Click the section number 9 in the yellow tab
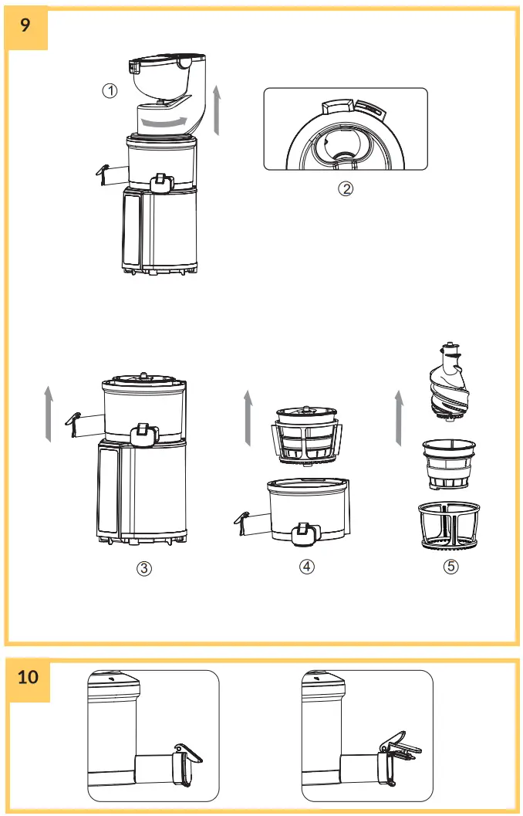pyautogui.click(x=26, y=25)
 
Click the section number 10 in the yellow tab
pyautogui.click(x=28, y=678)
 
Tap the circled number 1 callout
pyautogui.click(x=110, y=90)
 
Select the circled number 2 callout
pyautogui.click(x=346, y=188)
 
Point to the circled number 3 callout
pyautogui.click(x=144, y=568)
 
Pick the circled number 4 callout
pyautogui.click(x=307, y=567)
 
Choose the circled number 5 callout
pyautogui.click(x=451, y=567)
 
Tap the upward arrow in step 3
pyautogui.click(x=48, y=415)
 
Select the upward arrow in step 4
pyautogui.click(x=248, y=418)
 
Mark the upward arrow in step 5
pyautogui.click(x=398, y=418)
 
